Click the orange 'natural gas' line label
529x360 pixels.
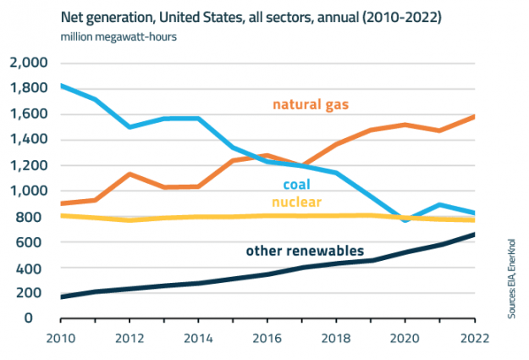[311, 105]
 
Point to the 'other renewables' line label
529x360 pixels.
[306, 251]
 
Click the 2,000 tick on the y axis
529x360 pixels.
[30, 64]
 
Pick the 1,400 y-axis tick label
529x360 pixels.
[30, 140]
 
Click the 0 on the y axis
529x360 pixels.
[47, 318]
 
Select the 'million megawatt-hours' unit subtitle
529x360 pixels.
[118, 37]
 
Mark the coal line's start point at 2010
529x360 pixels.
[61, 86]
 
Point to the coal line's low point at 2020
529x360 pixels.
[405, 220]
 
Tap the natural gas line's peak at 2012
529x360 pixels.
[129, 174]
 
